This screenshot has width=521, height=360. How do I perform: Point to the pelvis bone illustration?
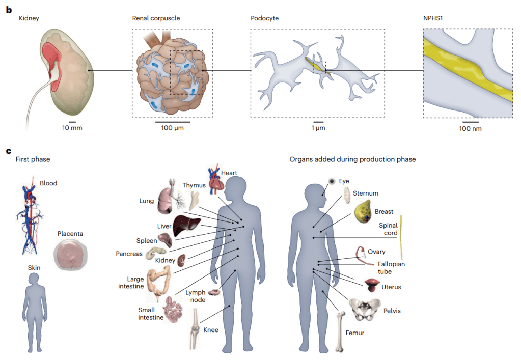(x=365, y=309)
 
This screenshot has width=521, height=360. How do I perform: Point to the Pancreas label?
(x=129, y=254)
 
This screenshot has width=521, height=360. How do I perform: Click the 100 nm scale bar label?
(x=470, y=128)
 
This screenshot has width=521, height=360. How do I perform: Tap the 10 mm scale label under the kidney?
(x=72, y=128)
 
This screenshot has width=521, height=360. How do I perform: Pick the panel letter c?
(x=8, y=151)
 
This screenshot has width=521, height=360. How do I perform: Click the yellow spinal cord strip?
(x=401, y=237)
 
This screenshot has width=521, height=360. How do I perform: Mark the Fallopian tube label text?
(x=392, y=268)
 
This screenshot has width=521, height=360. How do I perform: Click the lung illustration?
(x=167, y=199)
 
